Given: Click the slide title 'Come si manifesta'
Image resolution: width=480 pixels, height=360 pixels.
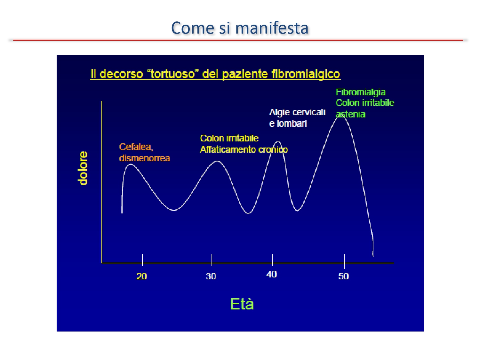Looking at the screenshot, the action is [240, 28].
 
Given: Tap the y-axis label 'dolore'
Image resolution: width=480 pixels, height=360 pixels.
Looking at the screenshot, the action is [83, 168].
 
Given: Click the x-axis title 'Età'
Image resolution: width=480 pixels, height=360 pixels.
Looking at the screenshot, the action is [242, 304].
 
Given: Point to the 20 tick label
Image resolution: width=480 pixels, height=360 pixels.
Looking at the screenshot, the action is [141, 276].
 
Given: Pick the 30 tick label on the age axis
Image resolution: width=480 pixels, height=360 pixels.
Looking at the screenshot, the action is [211, 276].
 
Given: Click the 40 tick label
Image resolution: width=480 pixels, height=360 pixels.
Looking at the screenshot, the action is [271, 274].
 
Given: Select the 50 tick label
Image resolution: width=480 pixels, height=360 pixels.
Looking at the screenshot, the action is [343, 276].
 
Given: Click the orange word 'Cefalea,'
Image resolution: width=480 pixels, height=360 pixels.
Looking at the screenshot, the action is [136, 147].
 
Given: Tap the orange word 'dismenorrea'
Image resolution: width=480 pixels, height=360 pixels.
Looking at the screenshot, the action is [144, 158].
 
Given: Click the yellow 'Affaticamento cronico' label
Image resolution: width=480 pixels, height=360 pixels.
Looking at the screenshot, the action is [244, 149].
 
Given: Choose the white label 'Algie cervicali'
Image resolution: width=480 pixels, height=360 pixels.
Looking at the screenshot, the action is [297, 112].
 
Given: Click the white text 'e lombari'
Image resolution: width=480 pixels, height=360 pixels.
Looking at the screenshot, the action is [288, 124].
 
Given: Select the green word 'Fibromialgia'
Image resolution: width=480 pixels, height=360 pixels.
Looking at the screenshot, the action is [361, 92].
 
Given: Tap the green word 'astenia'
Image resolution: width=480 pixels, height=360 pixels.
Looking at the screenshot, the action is [350, 114].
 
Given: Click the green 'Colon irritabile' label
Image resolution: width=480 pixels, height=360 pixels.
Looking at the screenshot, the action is [365, 103].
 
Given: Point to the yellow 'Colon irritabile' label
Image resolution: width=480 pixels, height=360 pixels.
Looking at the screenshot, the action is [229, 138].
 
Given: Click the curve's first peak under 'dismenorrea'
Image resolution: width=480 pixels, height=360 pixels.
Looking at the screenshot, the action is [131, 164].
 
